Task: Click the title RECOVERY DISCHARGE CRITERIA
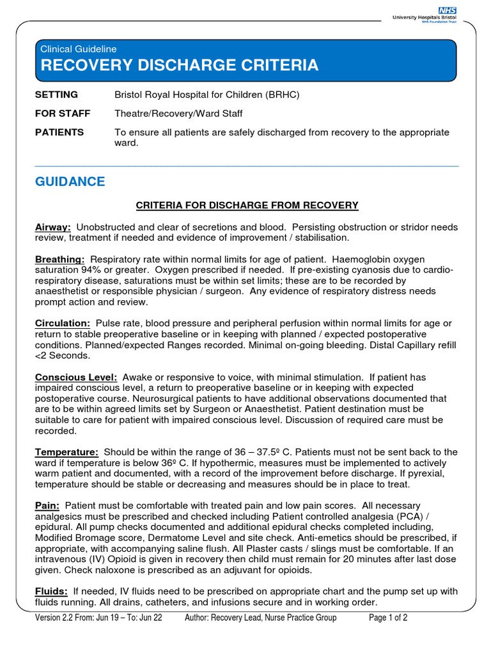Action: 179,65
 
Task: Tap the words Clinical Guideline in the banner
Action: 78,49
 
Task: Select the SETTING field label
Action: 56,95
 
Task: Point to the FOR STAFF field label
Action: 62,114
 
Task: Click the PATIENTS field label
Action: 59,132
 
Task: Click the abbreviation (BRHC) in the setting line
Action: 282,95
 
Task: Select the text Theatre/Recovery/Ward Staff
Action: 178,114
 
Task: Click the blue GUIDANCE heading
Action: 70,182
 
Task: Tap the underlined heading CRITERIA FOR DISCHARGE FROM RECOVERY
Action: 247,205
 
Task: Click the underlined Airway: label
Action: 52,227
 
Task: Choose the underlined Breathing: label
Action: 59,259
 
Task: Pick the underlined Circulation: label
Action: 62,324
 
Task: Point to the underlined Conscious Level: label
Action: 75,377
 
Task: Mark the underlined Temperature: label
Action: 66,452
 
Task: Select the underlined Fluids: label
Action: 51,591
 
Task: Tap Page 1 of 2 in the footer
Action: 388,618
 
